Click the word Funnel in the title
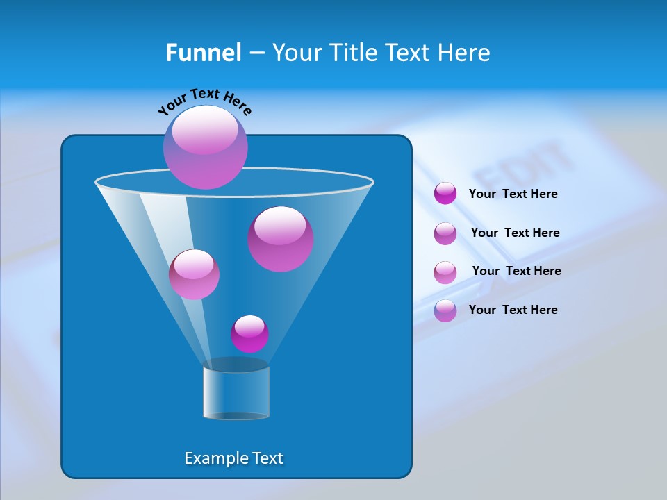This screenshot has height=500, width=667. [203, 53]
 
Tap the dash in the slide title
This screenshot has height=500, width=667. [256, 53]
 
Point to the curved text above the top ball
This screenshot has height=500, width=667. [205, 101]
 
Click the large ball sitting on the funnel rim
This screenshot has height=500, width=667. [206, 147]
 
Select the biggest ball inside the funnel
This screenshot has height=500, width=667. [281, 239]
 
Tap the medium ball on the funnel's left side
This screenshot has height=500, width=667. [194, 274]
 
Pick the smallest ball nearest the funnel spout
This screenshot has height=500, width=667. [249, 334]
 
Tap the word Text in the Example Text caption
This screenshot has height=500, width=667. [267, 458]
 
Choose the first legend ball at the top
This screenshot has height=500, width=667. [445, 193]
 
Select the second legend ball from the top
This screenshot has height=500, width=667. [445, 233]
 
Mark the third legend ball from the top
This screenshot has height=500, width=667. [445, 272]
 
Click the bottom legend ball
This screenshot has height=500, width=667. [445, 310]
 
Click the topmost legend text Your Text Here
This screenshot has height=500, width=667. [513, 194]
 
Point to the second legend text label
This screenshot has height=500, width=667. [515, 233]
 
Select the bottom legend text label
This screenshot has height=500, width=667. [513, 310]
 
